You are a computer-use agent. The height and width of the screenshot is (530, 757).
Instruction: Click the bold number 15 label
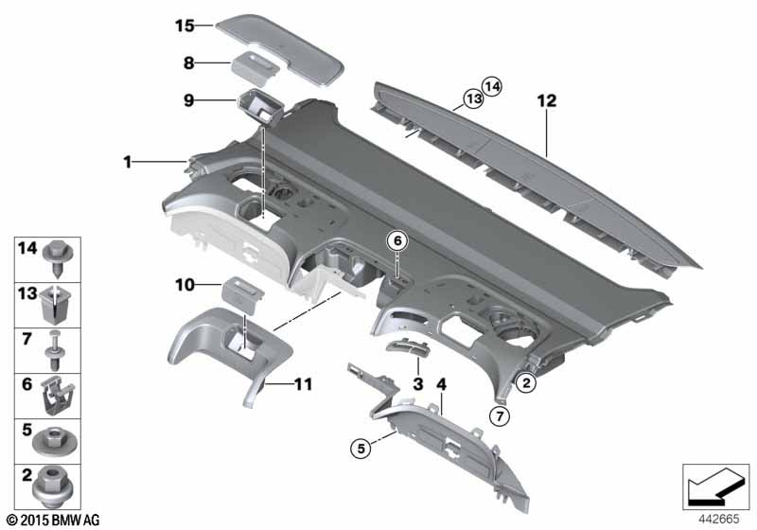pyautogui.click(x=185, y=26)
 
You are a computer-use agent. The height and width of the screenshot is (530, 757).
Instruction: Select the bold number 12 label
pyautogui.click(x=547, y=101)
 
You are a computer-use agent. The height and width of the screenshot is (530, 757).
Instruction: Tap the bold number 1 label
pyautogui.click(x=128, y=162)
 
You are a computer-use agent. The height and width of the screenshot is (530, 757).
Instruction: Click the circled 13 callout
pyautogui.click(x=474, y=99)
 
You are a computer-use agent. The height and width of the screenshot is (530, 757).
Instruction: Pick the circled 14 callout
pyautogui.click(x=492, y=87)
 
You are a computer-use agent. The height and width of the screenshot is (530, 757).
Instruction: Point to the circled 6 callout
pyautogui.click(x=397, y=240)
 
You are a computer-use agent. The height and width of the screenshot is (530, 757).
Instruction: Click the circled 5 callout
pyautogui.click(x=361, y=449)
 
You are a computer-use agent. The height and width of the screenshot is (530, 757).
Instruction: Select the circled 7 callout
pyautogui.click(x=500, y=415)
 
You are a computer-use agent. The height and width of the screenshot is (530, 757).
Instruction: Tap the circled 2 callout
pyautogui.click(x=526, y=382)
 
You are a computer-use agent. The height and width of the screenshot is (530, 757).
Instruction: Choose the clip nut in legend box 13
pyautogui.click(x=58, y=304)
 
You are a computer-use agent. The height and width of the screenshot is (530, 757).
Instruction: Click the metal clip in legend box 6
pyautogui.click(x=57, y=396)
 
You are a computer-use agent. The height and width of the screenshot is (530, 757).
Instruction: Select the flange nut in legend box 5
pyautogui.click(x=53, y=441)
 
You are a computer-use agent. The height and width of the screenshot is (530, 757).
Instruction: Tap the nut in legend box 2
pyautogui.click(x=53, y=486)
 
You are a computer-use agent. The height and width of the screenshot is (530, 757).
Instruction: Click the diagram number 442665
pyautogui.click(x=719, y=519)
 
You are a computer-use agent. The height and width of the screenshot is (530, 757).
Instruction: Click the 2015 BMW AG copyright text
pyautogui.click(x=53, y=520)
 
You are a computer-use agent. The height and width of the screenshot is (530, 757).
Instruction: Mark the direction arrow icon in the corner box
pyautogui.click(x=715, y=486)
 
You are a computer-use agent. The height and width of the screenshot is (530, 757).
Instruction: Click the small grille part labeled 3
pyautogui.click(x=407, y=347)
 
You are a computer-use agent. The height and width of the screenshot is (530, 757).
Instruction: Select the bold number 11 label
pyautogui.click(x=303, y=384)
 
